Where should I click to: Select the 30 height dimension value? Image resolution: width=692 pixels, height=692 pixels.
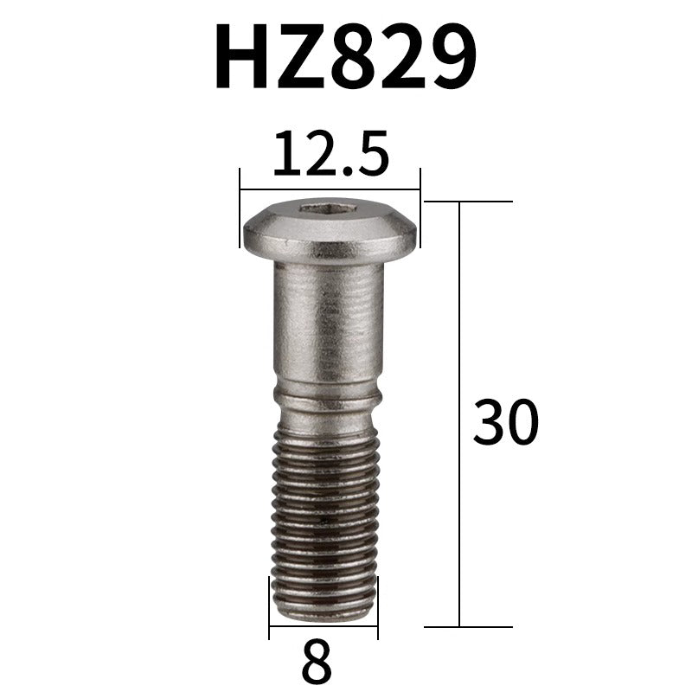point(506,423)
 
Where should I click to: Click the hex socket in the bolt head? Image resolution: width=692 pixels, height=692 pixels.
point(329,208)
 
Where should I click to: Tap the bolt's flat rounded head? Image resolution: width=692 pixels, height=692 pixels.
point(330,231)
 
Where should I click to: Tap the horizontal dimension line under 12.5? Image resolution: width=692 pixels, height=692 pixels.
point(330,189)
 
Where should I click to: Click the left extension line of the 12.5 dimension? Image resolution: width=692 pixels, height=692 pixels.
point(240,208)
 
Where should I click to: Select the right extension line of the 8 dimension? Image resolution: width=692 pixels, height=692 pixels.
point(378,610)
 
